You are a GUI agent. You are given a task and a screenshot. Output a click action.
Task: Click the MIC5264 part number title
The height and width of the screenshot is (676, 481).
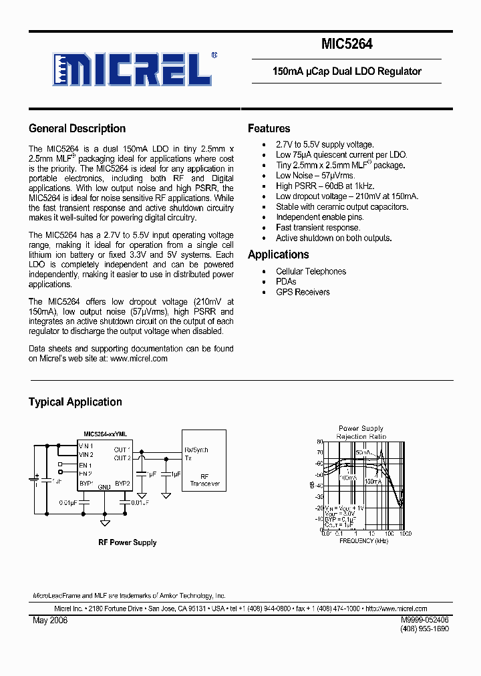[x=347, y=45]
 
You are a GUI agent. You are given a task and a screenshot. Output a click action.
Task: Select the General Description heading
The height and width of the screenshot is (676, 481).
[x=77, y=128]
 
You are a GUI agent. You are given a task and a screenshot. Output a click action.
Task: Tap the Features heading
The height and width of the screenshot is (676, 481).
[x=269, y=128]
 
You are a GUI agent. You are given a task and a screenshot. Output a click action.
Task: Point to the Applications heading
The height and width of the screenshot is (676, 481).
[x=278, y=255]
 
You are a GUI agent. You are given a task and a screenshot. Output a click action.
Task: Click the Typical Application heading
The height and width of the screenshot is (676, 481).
[x=75, y=401]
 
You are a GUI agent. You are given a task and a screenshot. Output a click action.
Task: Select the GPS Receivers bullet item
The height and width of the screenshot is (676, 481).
[x=303, y=292]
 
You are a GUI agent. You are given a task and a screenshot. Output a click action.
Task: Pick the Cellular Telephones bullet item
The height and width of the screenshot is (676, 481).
[x=311, y=271]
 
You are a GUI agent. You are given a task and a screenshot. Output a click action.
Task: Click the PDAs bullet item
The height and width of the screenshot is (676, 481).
[x=286, y=282]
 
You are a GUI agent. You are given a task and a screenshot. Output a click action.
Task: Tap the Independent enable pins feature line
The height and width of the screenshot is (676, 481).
[x=319, y=217]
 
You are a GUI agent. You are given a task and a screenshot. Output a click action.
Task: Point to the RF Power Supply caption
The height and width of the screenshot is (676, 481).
[x=127, y=542]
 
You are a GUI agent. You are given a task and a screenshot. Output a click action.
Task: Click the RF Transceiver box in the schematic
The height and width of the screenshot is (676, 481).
[x=204, y=479]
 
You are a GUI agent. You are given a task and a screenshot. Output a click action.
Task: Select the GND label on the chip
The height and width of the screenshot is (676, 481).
[x=105, y=487]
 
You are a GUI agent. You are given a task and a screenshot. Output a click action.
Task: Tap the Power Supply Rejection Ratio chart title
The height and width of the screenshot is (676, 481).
[x=361, y=432]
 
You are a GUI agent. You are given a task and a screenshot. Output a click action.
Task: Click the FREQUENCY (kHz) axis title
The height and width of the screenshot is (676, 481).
[x=363, y=540]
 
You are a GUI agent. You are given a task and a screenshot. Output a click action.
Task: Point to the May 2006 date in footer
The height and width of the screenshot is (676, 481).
[x=50, y=620]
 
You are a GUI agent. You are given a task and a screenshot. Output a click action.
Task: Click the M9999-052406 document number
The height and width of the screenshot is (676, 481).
[x=425, y=620]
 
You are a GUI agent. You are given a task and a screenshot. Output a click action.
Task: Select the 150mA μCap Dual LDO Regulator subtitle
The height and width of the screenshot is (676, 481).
[x=347, y=71]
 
